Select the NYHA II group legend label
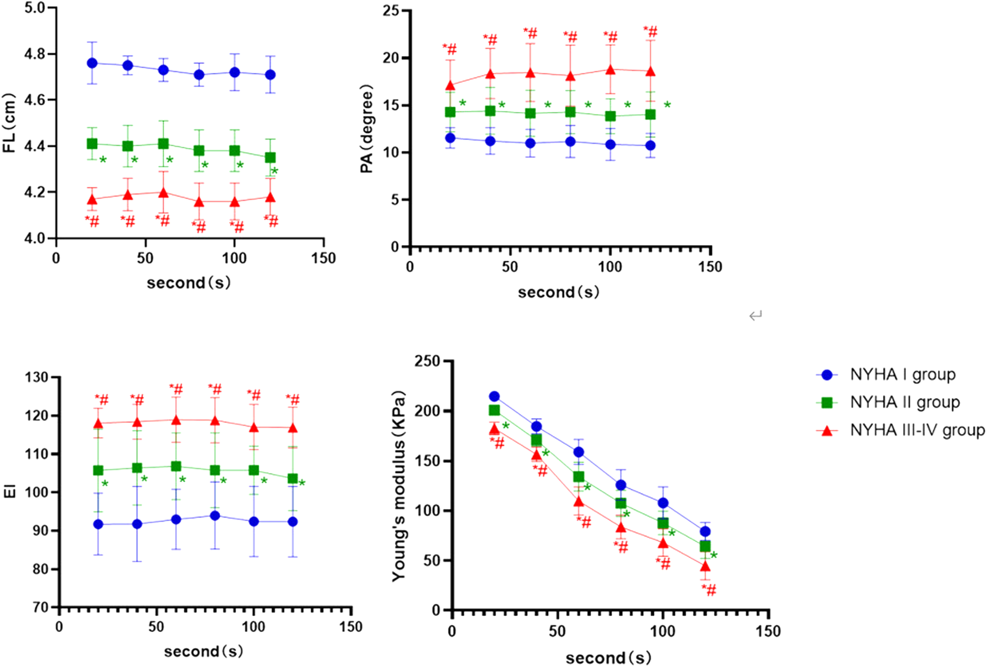(904, 402)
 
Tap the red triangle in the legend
(827, 431)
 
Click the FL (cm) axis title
(9, 123)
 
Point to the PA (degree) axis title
(366, 129)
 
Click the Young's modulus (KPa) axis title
(399, 486)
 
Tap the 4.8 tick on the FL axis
(34, 54)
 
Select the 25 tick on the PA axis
(391, 11)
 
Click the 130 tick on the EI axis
(36, 378)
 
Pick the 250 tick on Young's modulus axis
(427, 361)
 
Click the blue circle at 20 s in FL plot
(92, 63)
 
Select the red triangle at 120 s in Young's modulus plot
(705, 566)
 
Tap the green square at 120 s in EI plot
(293, 479)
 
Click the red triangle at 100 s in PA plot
(610, 70)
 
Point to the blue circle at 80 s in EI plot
(215, 516)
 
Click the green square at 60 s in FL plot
(163, 144)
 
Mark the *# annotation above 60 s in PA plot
(530, 33)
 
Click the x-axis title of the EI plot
(203, 651)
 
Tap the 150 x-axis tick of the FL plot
(323, 259)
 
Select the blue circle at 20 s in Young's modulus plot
(495, 397)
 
